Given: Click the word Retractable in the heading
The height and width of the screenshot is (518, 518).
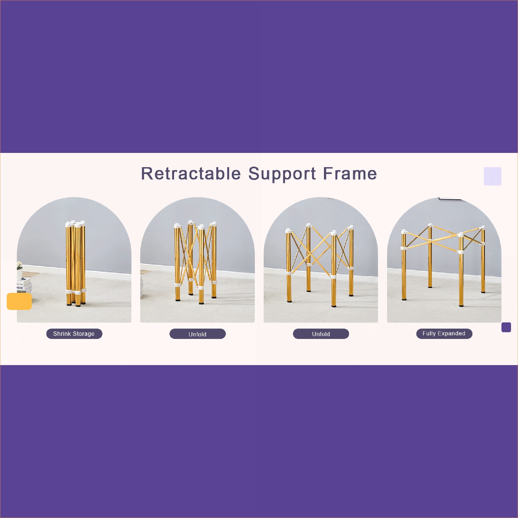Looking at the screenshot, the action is pyautogui.click(x=191, y=174).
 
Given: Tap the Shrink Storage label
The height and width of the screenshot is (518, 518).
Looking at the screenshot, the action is pyautogui.click(x=74, y=334).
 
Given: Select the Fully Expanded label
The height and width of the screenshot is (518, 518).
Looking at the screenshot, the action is pyautogui.click(x=444, y=334).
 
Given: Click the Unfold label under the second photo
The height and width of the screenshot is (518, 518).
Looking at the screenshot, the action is pyautogui.click(x=198, y=334).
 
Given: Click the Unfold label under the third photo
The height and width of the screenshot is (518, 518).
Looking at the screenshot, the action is pyautogui.click(x=321, y=334).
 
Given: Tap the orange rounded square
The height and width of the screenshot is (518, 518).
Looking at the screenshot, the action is pyautogui.click(x=19, y=301).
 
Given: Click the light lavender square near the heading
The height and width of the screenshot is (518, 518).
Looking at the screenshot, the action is pyautogui.click(x=493, y=176).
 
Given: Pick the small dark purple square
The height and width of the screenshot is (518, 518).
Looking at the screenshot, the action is pyautogui.click(x=506, y=327).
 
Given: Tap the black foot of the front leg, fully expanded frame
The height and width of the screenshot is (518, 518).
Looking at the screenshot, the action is pyautogui.click(x=461, y=305).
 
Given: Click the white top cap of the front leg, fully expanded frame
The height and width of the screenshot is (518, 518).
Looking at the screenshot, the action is pyautogui.click(x=461, y=235).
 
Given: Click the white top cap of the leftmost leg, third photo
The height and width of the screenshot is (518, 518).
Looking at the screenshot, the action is pyautogui.click(x=288, y=231).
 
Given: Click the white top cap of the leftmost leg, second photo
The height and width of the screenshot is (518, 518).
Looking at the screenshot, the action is pyautogui.click(x=177, y=226).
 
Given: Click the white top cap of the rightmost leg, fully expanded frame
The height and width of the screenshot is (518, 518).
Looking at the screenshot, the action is pyautogui.click(x=483, y=228).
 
